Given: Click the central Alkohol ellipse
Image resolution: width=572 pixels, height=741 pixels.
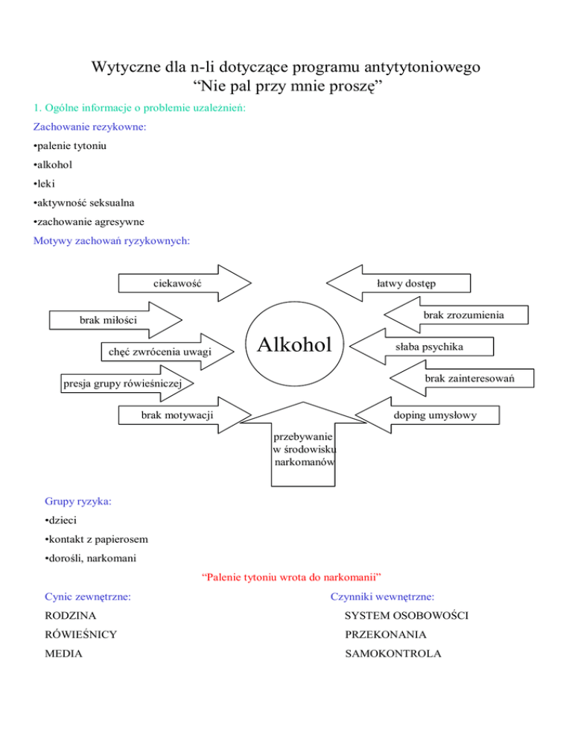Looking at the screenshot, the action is click(294, 344).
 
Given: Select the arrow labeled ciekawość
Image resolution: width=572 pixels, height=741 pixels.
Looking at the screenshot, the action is click(185, 283).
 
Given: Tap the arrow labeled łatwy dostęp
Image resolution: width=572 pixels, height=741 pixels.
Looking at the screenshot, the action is click(398, 283).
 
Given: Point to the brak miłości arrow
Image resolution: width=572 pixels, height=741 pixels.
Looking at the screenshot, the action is click(115, 320).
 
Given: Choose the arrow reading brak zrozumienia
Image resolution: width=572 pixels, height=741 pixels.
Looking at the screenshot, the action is click(456, 315).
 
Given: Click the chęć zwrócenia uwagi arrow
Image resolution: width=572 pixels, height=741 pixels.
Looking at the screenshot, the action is click(168, 352).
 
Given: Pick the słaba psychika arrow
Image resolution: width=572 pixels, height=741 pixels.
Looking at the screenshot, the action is click(422, 347).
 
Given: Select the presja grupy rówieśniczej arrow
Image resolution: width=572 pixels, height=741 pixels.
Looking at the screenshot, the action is click(127, 382).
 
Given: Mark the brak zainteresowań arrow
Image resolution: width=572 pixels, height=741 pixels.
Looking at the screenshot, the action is click(462, 378).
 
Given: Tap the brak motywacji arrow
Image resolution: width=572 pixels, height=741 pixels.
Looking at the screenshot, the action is click(185, 415).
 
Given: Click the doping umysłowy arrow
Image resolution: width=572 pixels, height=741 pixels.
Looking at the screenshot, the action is click(427, 415).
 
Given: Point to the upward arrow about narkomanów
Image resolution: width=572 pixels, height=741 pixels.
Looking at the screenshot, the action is click(303, 444).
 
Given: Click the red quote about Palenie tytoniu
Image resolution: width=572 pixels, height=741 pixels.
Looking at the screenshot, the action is click(291, 577).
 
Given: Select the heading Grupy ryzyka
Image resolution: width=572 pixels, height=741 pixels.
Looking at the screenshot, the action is click(78, 501).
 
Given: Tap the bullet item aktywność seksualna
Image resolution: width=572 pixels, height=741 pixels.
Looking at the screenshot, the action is click(83, 203).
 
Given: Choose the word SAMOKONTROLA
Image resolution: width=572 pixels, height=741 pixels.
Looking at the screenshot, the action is click(393, 654).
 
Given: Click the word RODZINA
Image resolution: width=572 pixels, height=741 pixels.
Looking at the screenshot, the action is click(70, 615).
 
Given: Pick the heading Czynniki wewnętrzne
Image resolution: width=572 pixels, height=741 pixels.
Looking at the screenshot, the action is click(382, 596).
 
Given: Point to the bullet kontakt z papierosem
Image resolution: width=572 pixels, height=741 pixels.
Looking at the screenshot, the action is click(96, 539).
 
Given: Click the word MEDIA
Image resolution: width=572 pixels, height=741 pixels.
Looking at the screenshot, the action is click(63, 654).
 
